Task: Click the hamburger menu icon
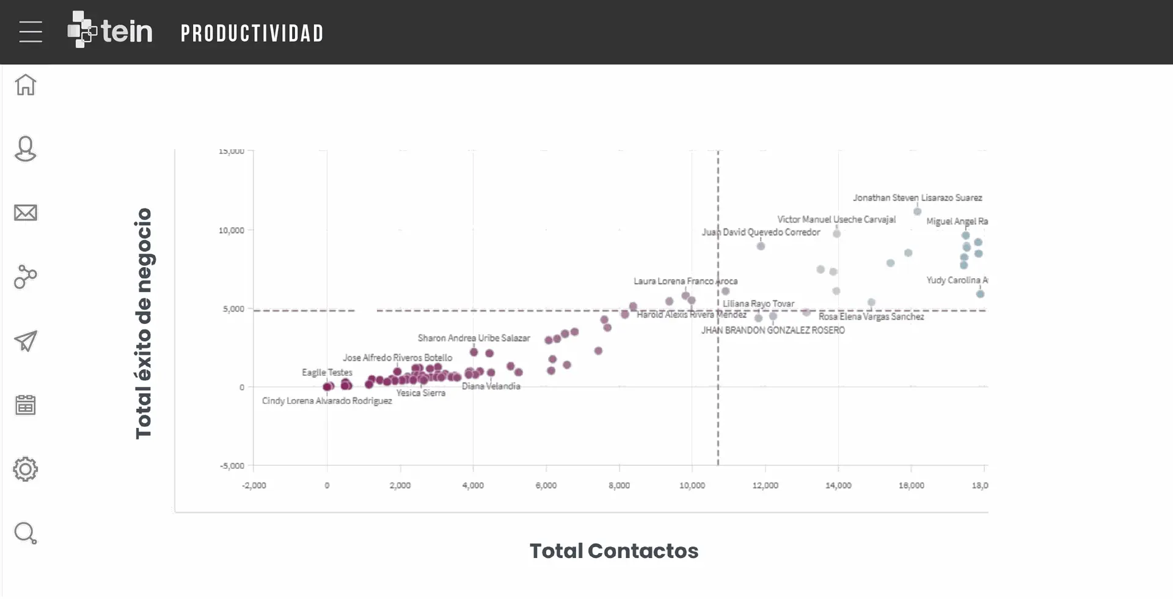(x=31, y=32)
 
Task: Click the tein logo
(x=110, y=30)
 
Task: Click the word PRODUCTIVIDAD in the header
(x=252, y=34)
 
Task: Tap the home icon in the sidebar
(x=26, y=85)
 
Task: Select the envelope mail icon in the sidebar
(x=26, y=213)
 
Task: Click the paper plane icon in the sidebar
(x=26, y=341)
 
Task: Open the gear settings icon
(x=26, y=469)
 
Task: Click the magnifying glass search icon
(x=26, y=534)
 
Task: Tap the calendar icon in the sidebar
(x=26, y=405)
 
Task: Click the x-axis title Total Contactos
(x=613, y=551)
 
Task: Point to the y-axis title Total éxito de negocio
(x=144, y=323)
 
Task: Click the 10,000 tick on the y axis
(x=232, y=230)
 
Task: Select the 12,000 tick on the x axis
(x=765, y=485)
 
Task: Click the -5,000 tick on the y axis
(x=232, y=466)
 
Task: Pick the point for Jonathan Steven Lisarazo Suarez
(x=917, y=211)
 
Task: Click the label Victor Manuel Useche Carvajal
(x=836, y=219)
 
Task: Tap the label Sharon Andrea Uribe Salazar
(x=473, y=338)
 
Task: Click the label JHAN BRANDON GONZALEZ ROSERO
(x=773, y=330)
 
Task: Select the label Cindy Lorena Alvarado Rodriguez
(x=327, y=401)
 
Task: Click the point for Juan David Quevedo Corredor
(x=761, y=246)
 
